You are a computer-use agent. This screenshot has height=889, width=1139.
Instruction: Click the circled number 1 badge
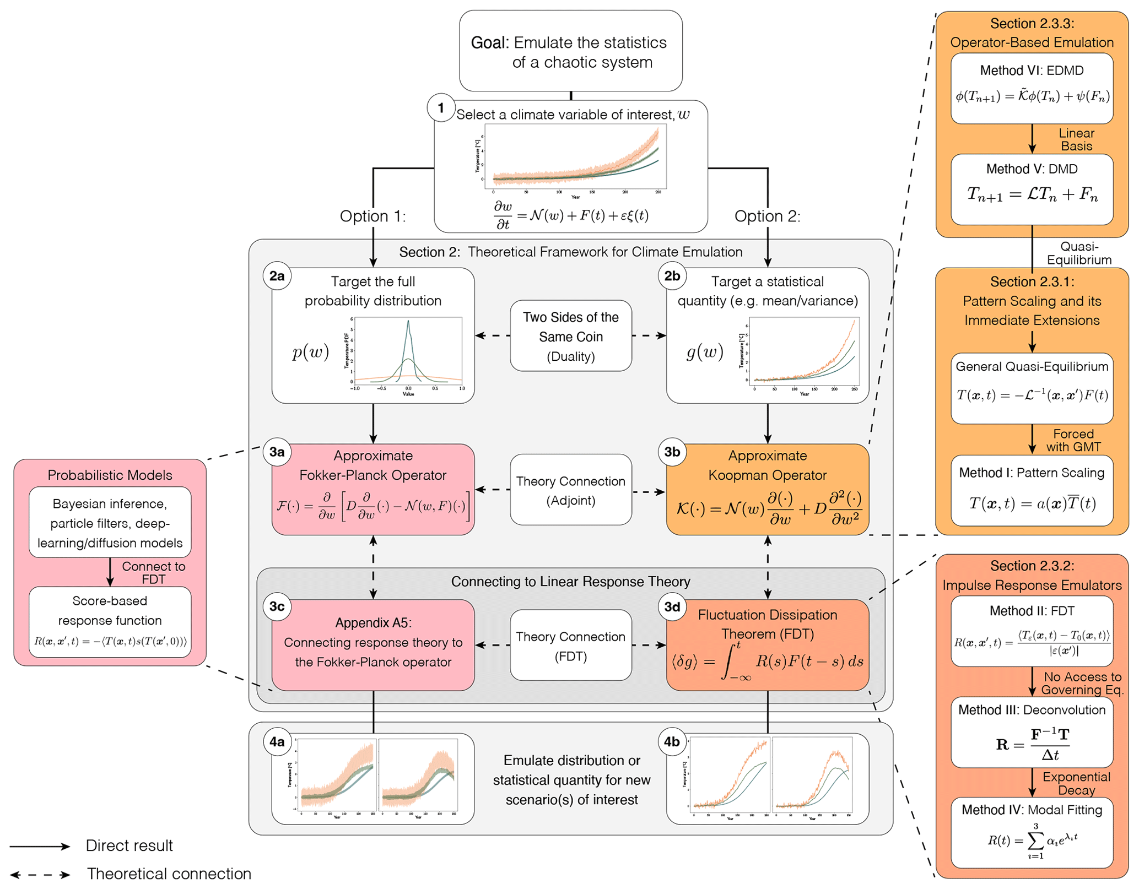pos(440,108)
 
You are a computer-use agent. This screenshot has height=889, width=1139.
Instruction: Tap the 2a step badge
pos(277,276)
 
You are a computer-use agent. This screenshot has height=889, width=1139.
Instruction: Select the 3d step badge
pos(672,607)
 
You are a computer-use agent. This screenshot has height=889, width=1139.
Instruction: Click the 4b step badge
pos(672,742)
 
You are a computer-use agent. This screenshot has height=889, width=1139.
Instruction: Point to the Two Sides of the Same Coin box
pos(570,336)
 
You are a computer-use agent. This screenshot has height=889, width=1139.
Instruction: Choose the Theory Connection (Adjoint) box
pos(570,490)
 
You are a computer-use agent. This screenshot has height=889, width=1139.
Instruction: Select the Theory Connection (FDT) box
pos(570,646)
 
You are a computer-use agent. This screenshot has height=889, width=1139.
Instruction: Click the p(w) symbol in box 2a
pos(310,351)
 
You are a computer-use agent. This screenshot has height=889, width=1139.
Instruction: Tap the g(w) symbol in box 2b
pos(705,351)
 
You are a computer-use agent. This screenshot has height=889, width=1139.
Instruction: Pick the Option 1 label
pos(373,216)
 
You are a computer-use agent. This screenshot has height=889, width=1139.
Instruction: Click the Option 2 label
pos(767,216)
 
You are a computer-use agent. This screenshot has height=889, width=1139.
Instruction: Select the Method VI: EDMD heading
pos(1032,71)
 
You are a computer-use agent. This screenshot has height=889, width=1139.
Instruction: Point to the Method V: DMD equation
pos(1032,194)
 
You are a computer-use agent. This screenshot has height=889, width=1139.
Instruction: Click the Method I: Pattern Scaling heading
pos(1032,473)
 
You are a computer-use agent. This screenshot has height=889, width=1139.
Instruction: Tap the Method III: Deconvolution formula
pos(1032,744)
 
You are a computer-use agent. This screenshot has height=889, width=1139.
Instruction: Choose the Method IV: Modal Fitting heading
pos(1032,810)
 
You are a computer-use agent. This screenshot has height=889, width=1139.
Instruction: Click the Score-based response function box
pos(110,621)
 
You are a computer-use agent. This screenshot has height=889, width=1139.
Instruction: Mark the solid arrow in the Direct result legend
pos(40,847)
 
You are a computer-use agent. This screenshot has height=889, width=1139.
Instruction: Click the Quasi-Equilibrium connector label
pos(1079,253)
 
